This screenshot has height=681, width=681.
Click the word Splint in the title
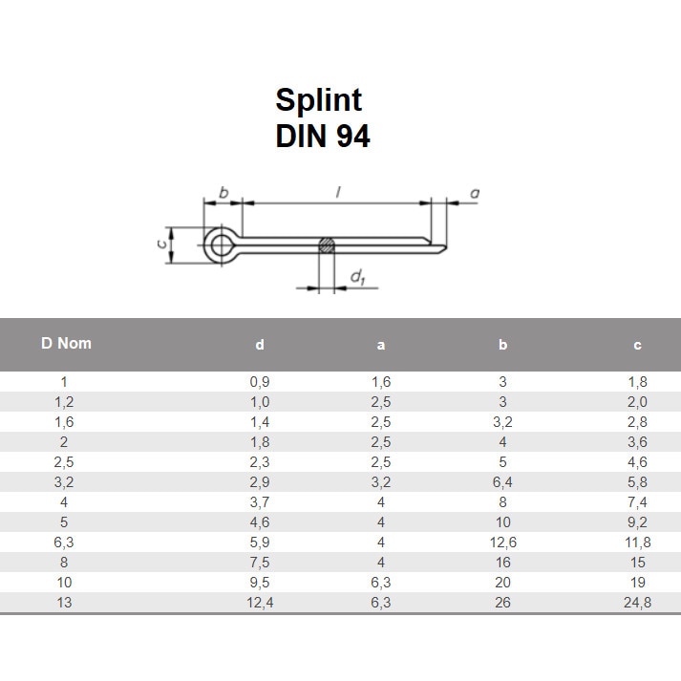[319, 100]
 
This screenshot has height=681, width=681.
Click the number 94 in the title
[352, 137]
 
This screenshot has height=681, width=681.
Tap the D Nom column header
[67, 343]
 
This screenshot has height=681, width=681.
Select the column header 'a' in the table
[381, 346]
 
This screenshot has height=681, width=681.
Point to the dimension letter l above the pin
[338, 193]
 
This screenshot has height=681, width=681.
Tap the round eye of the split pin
[223, 246]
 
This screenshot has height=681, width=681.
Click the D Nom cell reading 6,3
[65, 542]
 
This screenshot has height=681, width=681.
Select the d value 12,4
[260, 603]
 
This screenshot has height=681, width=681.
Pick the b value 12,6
[502, 542]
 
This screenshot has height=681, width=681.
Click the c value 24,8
[638, 603]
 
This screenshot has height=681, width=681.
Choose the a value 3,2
[381, 481]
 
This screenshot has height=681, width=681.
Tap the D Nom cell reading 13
[65, 603]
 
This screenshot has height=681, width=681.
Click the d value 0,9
[260, 381]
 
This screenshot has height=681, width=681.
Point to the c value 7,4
[638, 501]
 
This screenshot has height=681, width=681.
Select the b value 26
[502, 603]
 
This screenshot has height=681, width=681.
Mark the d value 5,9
[260, 542]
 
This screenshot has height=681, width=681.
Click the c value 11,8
[638, 542]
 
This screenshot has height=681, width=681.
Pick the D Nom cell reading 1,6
[65, 421]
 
